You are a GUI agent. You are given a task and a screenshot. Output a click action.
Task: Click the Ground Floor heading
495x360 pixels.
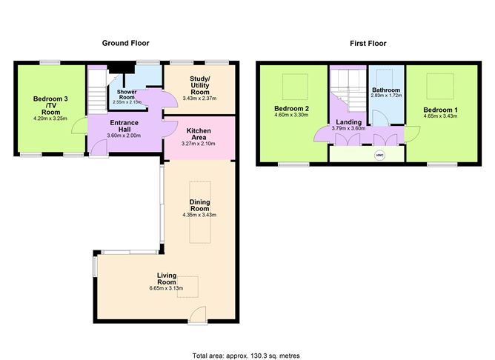126,43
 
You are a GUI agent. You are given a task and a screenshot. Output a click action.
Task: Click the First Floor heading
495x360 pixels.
368,44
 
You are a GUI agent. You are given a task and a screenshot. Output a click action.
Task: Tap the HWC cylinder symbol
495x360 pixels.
379,156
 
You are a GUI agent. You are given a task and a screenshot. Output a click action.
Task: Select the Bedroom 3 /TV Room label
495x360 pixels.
50,105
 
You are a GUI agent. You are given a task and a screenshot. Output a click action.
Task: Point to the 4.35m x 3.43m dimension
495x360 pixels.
199,215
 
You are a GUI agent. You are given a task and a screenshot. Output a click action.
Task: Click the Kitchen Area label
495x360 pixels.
199,134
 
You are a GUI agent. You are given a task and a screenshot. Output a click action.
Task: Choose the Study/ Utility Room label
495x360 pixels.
200,85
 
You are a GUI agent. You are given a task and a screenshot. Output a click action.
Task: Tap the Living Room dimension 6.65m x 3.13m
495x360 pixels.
167,288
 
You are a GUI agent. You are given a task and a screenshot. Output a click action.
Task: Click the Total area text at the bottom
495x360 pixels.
246,356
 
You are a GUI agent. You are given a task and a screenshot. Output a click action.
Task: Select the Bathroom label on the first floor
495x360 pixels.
386,90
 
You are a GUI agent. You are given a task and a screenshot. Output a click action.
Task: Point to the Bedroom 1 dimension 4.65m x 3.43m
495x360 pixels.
440,116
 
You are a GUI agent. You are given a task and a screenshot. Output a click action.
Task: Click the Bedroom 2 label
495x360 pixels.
291,109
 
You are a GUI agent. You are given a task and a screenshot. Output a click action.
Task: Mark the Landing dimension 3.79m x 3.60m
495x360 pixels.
348,128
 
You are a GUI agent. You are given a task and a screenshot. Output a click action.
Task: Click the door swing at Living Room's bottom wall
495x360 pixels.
199,314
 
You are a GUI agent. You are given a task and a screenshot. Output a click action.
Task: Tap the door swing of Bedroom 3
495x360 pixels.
79,125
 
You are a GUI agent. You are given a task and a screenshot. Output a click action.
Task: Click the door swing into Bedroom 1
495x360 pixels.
412,134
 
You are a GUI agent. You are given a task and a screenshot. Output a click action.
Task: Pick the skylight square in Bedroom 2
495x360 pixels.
295,87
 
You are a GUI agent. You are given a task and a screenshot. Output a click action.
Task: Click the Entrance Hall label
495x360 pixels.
124,126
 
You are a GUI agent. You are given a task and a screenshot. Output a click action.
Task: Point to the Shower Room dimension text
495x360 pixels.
127,102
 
